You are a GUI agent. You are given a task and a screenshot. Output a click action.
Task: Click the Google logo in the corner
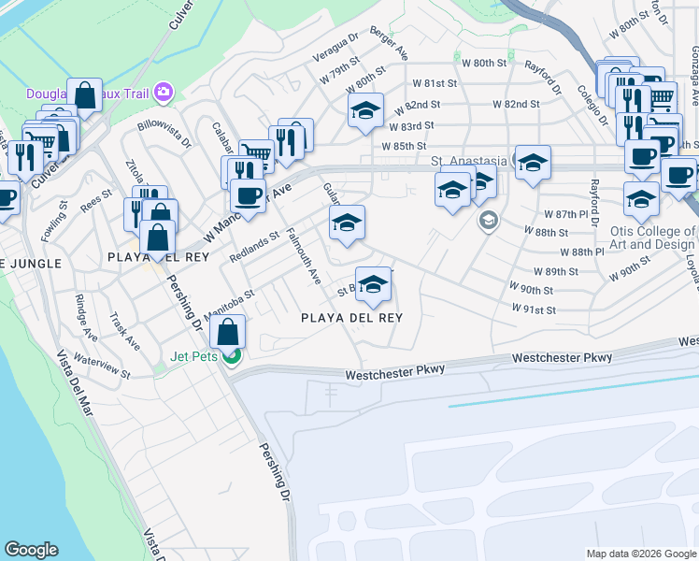(32, 550)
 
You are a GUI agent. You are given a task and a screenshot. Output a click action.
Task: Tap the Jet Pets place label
(193, 356)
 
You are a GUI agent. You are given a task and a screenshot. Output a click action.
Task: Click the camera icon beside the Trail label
(164, 91)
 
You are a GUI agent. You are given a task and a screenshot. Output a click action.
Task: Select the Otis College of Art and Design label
(652, 237)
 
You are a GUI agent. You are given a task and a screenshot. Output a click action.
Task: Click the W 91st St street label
(534, 309)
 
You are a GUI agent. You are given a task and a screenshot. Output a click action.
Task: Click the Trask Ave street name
(124, 332)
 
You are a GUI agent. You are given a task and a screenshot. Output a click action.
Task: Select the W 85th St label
(404, 146)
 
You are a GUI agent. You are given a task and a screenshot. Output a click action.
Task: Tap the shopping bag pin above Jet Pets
(228, 332)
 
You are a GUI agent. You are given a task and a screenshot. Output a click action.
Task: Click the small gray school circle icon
(487, 221)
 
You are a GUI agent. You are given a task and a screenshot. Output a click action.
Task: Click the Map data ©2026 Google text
(640, 554)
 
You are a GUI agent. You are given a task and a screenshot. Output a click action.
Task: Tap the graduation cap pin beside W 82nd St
(365, 111)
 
